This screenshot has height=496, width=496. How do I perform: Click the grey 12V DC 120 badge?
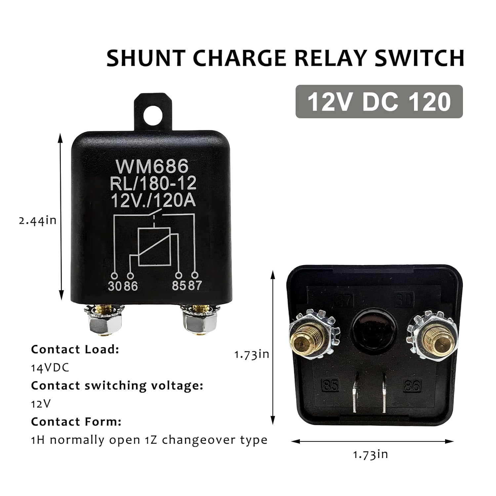pyautogui.click(x=379, y=102)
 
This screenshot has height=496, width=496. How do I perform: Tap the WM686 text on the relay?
pyautogui.click(x=152, y=167)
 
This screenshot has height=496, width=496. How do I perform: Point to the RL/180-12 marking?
pyautogui.click(x=153, y=184)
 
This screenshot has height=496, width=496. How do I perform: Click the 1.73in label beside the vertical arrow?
pyautogui.click(x=252, y=354)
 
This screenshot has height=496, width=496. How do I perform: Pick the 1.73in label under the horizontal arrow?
pyautogui.click(x=370, y=454)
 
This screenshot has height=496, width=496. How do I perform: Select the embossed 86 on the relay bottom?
pyautogui.click(x=412, y=386)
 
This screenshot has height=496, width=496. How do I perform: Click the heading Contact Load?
pyautogui.click(x=75, y=350)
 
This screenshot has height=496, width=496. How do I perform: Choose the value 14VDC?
pyautogui.click(x=50, y=368)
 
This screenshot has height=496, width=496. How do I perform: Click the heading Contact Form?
pyautogui.click(x=76, y=422)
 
